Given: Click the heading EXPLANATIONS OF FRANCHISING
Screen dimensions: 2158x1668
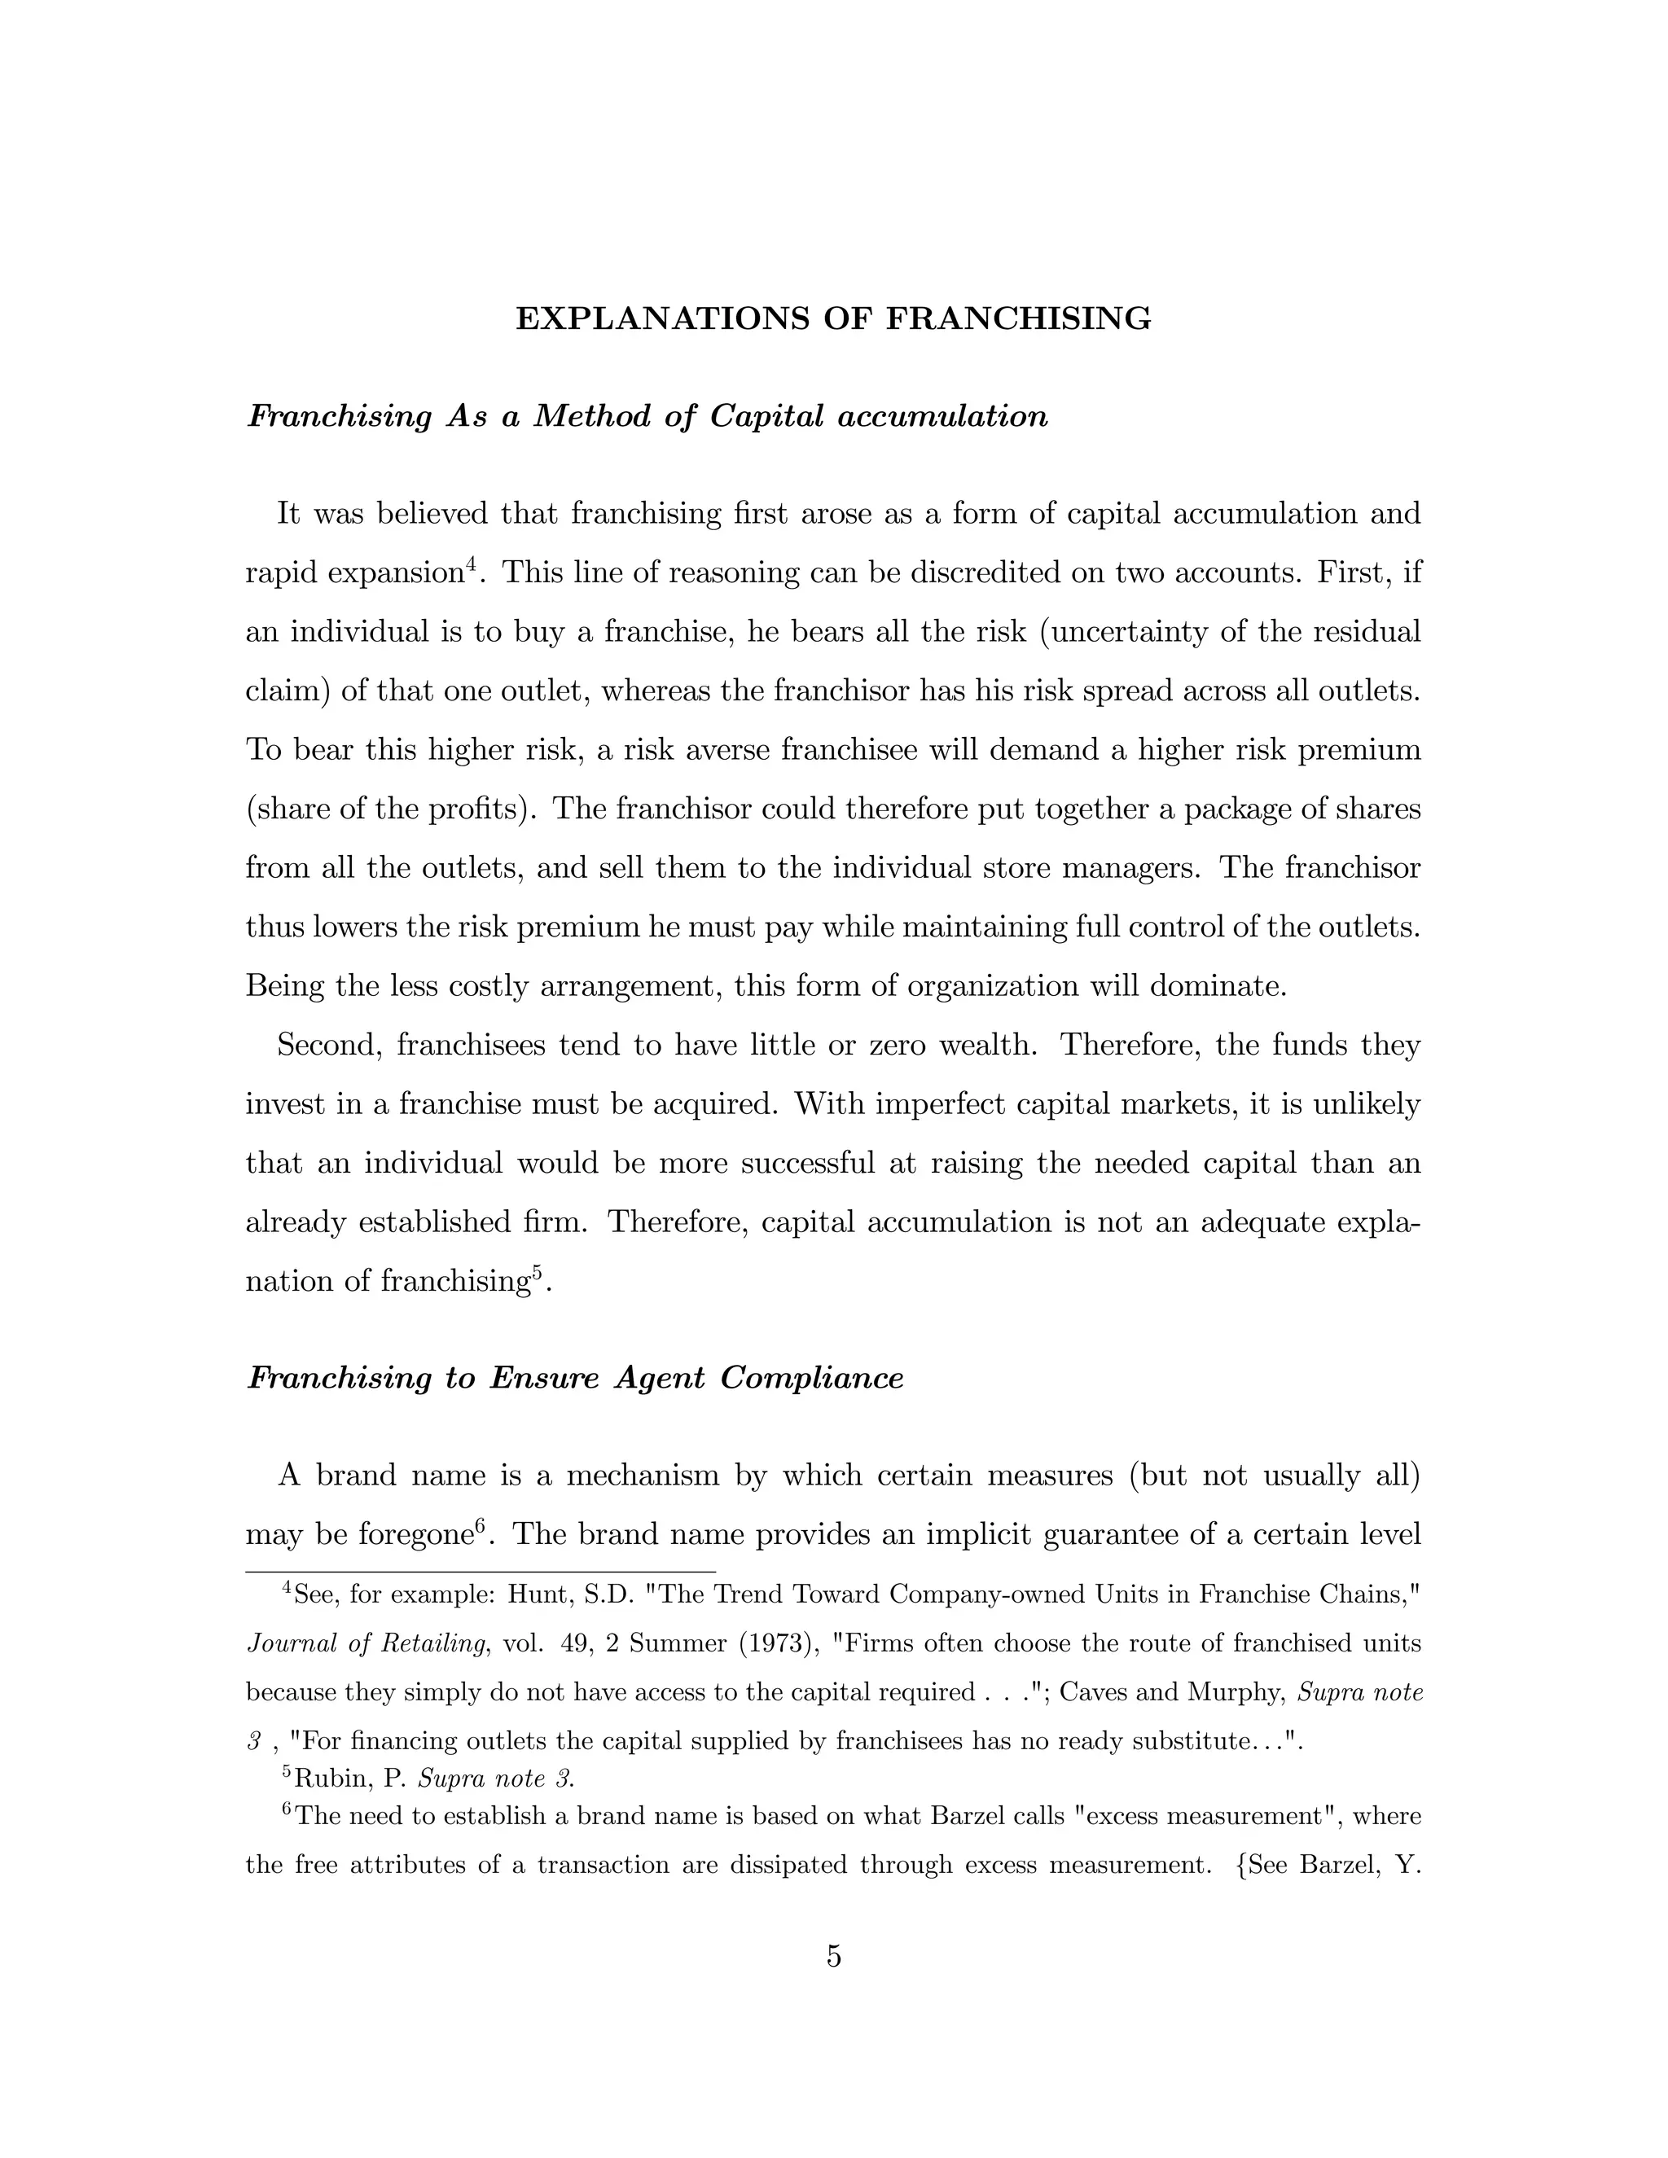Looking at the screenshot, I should click(x=833, y=319).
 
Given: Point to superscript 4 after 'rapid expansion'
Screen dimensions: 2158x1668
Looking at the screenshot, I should click(x=472, y=564).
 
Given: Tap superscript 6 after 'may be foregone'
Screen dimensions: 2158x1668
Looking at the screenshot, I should click(x=481, y=1527).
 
